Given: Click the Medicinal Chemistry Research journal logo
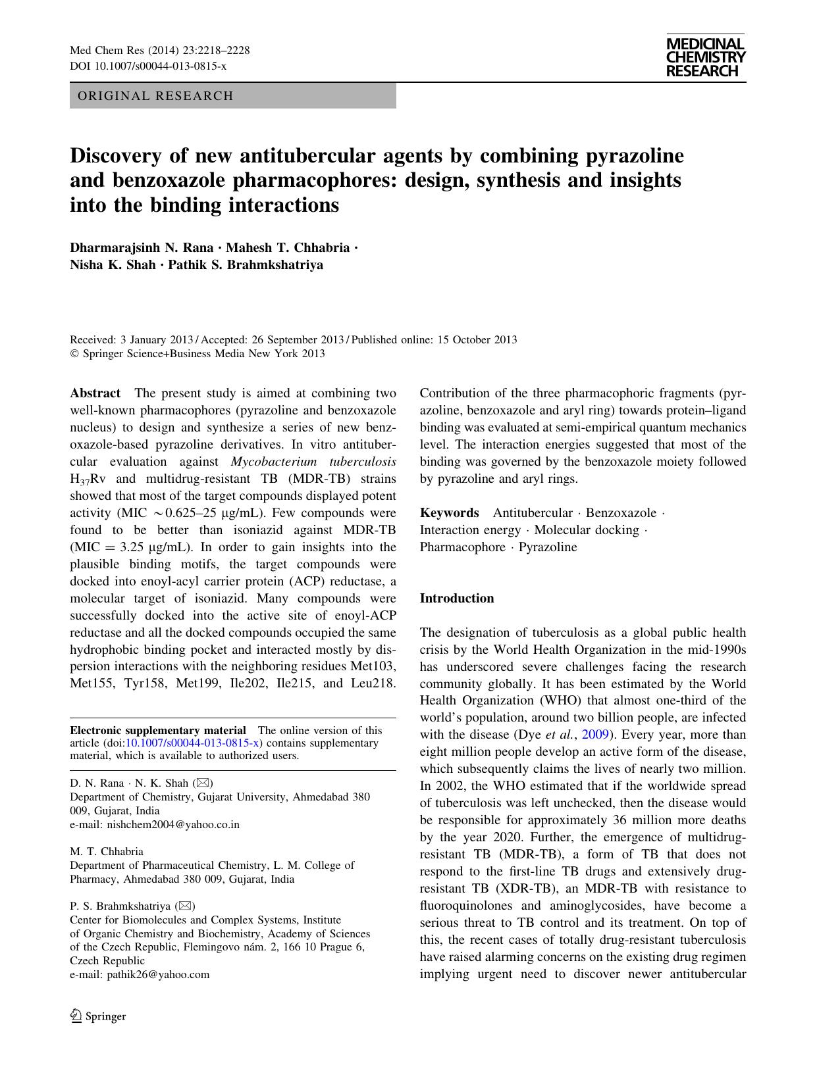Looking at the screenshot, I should point(705,58).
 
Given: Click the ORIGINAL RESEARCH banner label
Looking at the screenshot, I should point(155,96).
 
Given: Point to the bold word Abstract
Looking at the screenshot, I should point(95,393).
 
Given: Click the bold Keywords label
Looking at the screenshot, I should point(449,513).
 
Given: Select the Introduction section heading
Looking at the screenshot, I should point(456,599).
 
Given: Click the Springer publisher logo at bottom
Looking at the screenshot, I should point(98,1016).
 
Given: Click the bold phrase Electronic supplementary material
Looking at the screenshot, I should point(158,730).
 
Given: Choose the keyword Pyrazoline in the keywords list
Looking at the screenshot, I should point(548,547).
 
